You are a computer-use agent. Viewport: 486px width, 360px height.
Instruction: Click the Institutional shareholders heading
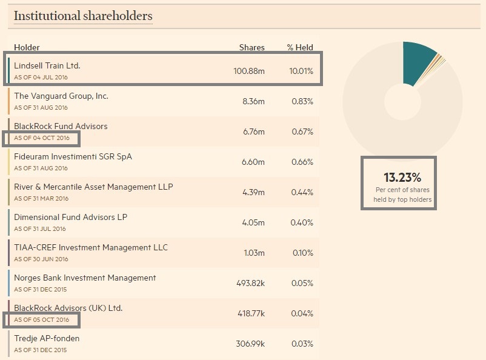click(x=83, y=16)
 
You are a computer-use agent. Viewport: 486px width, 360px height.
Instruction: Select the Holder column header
click(x=27, y=47)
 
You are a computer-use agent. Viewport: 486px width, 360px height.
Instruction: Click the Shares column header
click(x=251, y=47)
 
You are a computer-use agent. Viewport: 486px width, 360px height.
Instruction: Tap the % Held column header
click(x=300, y=47)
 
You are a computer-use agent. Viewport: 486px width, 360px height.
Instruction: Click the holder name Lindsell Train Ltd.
click(x=47, y=65)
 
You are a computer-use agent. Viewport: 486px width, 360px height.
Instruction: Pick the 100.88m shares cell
click(x=249, y=71)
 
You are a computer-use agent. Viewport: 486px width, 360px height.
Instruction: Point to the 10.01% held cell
click(x=301, y=71)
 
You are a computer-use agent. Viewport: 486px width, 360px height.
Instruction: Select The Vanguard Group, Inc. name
click(x=61, y=96)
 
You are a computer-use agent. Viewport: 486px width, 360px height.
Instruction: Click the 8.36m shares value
click(x=253, y=101)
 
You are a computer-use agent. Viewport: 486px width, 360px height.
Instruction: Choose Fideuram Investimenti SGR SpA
click(x=73, y=156)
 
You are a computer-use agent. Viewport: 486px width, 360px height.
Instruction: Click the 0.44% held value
click(x=301, y=192)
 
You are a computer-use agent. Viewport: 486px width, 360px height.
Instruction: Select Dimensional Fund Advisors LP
click(x=70, y=217)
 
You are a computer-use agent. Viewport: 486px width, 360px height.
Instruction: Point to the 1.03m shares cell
click(x=254, y=253)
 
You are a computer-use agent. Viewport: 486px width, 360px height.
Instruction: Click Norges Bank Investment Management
click(x=85, y=278)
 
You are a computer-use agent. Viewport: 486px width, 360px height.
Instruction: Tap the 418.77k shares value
click(x=250, y=313)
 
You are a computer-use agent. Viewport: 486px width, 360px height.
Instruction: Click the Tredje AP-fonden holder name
click(x=47, y=338)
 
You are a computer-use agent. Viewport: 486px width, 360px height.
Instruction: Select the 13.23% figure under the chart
click(x=402, y=178)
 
